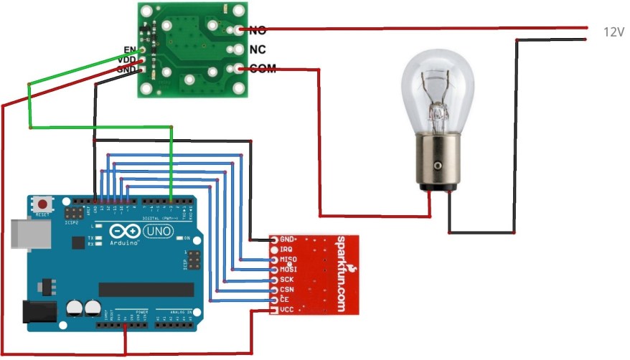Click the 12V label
click(613, 32)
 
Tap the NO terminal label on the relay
click(257, 31)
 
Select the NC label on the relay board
click(257, 49)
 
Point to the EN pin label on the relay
click(131, 49)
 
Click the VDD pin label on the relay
click(128, 60)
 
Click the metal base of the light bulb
click(437, 161)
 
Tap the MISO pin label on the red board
click(288, 259)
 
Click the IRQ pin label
click(286, 249)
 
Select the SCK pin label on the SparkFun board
click(287, 279)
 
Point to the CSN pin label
click(287, 289)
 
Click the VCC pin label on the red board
click(287, 309)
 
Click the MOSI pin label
click(288, 269)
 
